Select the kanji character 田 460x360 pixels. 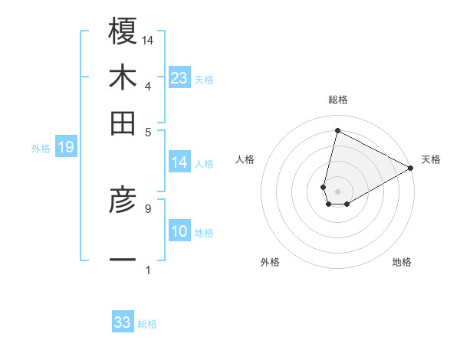click(x=123, y=123)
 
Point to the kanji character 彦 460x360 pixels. click(x=123, y=201)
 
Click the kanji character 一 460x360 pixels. click(x=123, y=261)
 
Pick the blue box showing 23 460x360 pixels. click(x=179, y=78)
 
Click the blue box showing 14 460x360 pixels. click(x=179, y=162)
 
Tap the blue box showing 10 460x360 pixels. click(x=179, y=232)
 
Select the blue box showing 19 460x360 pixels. click(x=66, y=147)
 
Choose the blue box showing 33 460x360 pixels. click(x=123, y=322)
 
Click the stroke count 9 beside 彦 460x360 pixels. click(x=147, y=208)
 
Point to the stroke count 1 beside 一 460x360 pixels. click(x=147, y=269)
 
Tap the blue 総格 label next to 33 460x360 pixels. click(x=147, y=324)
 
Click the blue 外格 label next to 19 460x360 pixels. click(x=40, y=149)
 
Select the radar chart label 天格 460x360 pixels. click(x=431, y=159)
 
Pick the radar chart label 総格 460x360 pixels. click(x=337, y=100)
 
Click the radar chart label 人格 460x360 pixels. click(x=245, y=159)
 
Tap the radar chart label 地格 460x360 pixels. click(x=402, y=262)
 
